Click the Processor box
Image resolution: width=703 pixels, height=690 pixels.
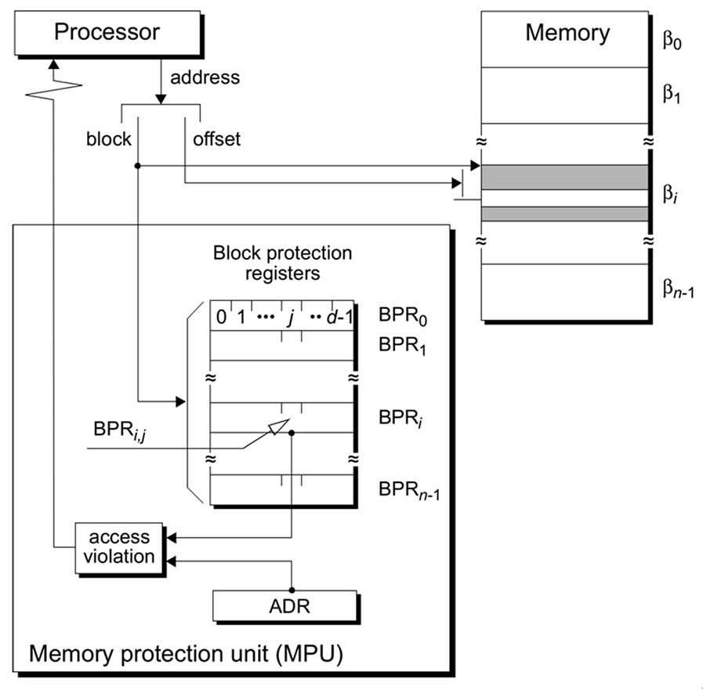tap(107, 33)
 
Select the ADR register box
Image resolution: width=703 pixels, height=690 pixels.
tap(283, 606)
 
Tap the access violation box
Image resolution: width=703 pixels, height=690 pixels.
tap(119, 547)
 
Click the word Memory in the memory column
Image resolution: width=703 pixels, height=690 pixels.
tap(567, 33)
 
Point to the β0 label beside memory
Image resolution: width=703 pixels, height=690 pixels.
tap(672, 39)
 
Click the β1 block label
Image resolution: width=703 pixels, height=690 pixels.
tap(672, 94)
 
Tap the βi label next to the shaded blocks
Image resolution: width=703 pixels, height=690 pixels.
tap(670, 193)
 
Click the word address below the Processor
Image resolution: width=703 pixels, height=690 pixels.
tap(205, 78)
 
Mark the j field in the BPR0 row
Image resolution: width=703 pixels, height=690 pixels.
tap(292, 318)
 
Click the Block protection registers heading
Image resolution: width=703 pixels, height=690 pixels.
tap(282, 263)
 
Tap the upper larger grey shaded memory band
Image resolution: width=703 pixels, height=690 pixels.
tap(564, 177)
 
